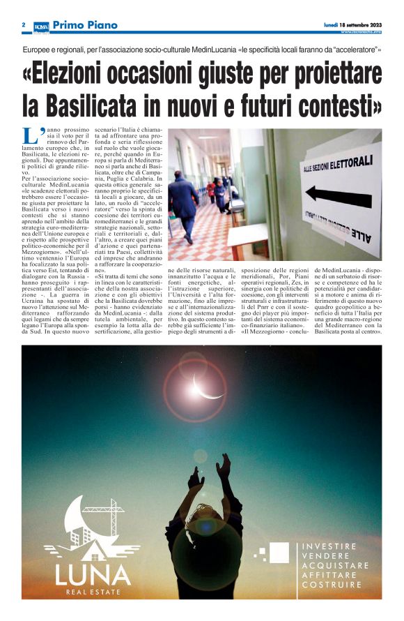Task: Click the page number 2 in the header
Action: point(24,25)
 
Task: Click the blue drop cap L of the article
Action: point(30,136)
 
